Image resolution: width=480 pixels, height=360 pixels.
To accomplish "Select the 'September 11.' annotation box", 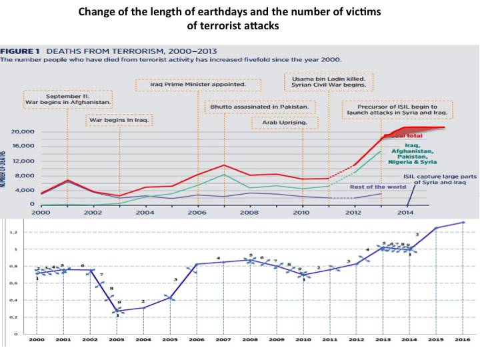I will click(67, 100).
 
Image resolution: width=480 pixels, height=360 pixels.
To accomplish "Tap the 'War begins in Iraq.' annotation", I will click(119, 120).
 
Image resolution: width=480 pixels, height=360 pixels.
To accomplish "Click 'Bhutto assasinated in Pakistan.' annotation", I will click(258, 107).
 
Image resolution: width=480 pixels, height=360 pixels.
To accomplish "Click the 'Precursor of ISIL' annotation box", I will click(397, 109).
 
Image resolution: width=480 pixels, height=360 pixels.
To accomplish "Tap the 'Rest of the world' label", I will click(377, 186).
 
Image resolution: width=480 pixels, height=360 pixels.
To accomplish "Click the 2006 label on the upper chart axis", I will click(197, 211).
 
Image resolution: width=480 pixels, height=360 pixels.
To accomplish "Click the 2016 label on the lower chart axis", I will click(463, 341).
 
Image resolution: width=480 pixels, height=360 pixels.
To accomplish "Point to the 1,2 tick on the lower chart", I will click(13, 233).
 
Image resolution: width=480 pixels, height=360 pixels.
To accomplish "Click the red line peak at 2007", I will click(225, 165).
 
